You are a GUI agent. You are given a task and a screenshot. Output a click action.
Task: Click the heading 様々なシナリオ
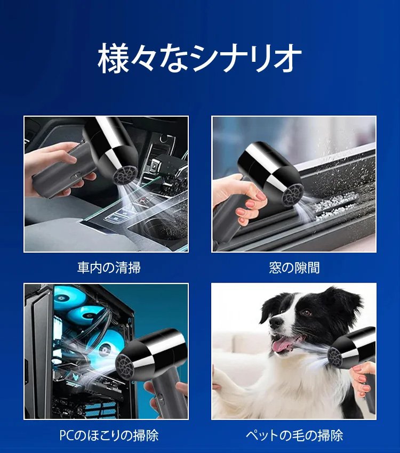(x=199, y=59)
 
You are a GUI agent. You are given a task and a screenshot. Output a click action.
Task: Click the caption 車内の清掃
(x=109, y=267)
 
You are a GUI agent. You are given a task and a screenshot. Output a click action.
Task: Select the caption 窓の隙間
(x=294, y=267)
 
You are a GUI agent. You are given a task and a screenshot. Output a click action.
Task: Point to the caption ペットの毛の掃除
(x=294, y=435)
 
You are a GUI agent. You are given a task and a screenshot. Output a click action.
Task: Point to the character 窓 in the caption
(x=275, y=267)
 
